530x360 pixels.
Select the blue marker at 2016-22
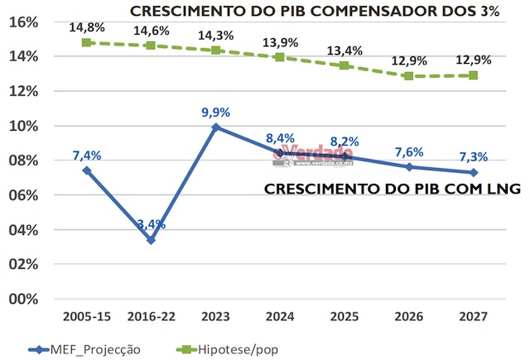pos(151,240)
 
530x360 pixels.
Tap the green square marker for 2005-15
pos(86,42)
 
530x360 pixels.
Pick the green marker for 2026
pos(408,76)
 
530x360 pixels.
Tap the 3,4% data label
pos(152,224)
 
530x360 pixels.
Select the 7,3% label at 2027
pos(473,156)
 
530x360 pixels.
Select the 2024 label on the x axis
pos(280,317)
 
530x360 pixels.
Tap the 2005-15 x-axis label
pos(86,317)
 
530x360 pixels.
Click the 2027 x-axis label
pos(473,317)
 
